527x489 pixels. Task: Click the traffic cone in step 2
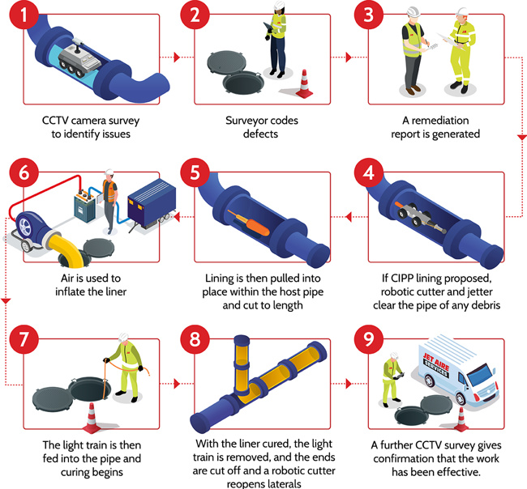tap(304, 83)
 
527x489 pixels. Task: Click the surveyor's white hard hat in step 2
tap(278, 6)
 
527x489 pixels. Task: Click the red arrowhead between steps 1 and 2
tap(177, 57)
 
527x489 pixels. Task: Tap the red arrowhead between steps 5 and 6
tap(177, 216)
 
